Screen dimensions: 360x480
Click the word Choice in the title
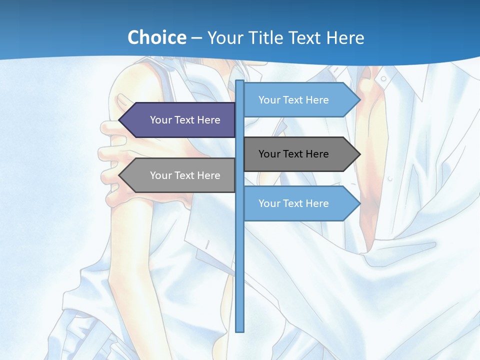coord(156,37)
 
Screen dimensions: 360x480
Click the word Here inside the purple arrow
coord(208,120)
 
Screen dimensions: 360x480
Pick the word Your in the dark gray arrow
coord(269,154)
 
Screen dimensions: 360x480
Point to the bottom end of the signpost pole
coord(240,330)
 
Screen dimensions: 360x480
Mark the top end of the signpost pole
coord(240,82)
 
